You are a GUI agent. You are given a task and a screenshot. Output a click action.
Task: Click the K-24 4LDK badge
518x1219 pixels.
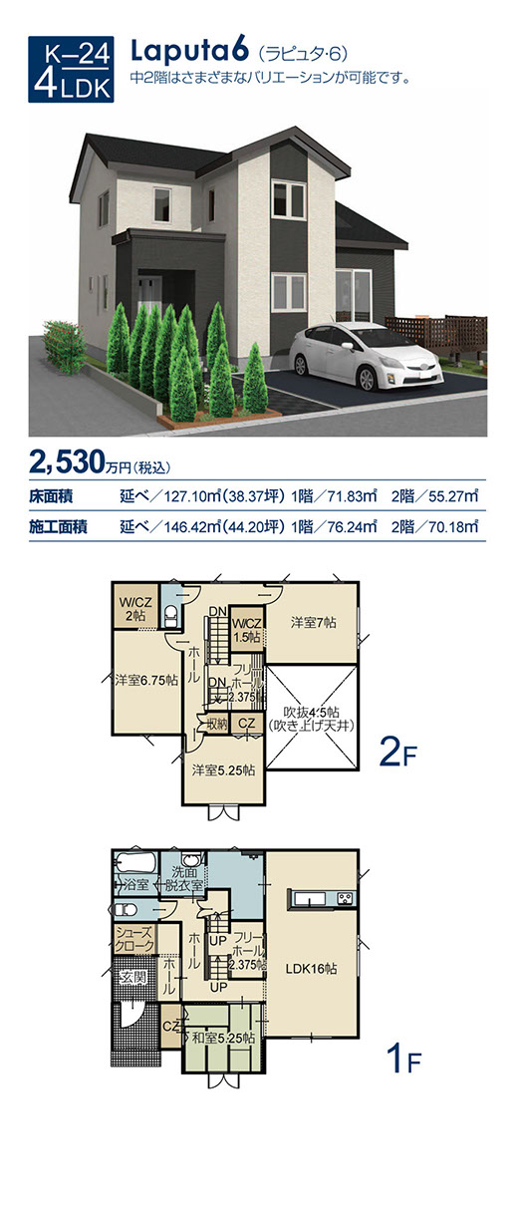(x=71, y=69)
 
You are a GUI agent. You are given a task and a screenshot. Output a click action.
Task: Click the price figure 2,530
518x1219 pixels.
(x=66, y=462)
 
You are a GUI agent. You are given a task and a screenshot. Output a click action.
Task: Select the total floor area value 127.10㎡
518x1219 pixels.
(x=188, y=496)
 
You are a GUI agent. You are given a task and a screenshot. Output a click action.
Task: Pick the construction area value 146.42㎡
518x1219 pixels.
(x=188, y=527)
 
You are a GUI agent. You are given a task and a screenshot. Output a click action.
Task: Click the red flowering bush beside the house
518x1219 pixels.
(x=65, y=346)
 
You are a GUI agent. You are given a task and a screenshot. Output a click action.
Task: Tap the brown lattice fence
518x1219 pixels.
(x=435, y=333)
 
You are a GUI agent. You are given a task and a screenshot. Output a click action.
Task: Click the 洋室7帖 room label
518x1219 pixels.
(x=313, y=623)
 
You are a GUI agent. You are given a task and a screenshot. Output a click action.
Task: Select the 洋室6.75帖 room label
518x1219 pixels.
(x=146, y=680)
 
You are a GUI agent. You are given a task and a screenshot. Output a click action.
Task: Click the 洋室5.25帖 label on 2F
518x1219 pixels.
(x=223, y=770)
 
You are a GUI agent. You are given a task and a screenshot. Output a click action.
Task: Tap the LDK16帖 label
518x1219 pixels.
(x=311, y=968)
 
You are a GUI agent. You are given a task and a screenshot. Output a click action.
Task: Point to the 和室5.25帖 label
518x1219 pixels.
(x=223, y=1038)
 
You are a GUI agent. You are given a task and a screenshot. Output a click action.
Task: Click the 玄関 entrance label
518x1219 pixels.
(x=132, y=978)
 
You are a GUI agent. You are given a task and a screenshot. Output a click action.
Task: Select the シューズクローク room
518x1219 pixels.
(x=134, y=940)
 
